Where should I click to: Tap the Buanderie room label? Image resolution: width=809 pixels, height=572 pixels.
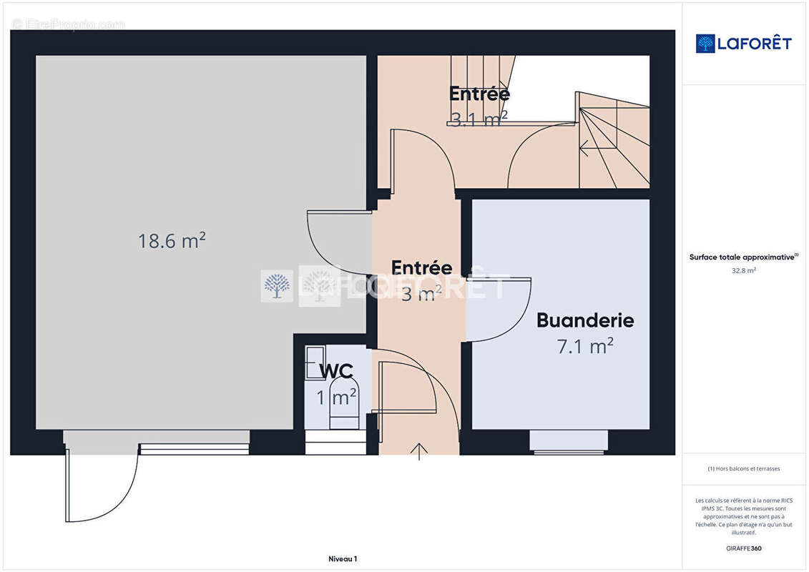point(585,320)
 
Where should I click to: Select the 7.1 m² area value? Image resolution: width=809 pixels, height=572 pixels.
point(585,347)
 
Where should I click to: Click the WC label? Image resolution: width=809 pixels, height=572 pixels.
point(335,371)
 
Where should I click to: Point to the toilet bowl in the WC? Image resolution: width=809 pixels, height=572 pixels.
point(344,398)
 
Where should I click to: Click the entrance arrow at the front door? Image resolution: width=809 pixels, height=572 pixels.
point(418,451)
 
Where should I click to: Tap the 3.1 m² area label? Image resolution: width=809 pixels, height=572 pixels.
point(479,119)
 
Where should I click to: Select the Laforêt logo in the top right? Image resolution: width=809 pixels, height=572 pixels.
point(743,44)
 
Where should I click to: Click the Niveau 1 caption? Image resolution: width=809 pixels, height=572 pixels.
point(343,559)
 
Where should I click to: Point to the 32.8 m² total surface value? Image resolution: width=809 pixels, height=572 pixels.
point(743,271)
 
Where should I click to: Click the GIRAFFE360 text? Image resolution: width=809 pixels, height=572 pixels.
point(743,548)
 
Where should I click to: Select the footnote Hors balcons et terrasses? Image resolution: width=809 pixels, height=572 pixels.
point(743,469)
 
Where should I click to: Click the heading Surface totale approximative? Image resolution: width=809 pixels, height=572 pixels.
point(743,257)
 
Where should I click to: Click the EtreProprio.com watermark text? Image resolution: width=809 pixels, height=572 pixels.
point(68,24)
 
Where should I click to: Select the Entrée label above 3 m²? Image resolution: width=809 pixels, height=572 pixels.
point(421,268)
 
